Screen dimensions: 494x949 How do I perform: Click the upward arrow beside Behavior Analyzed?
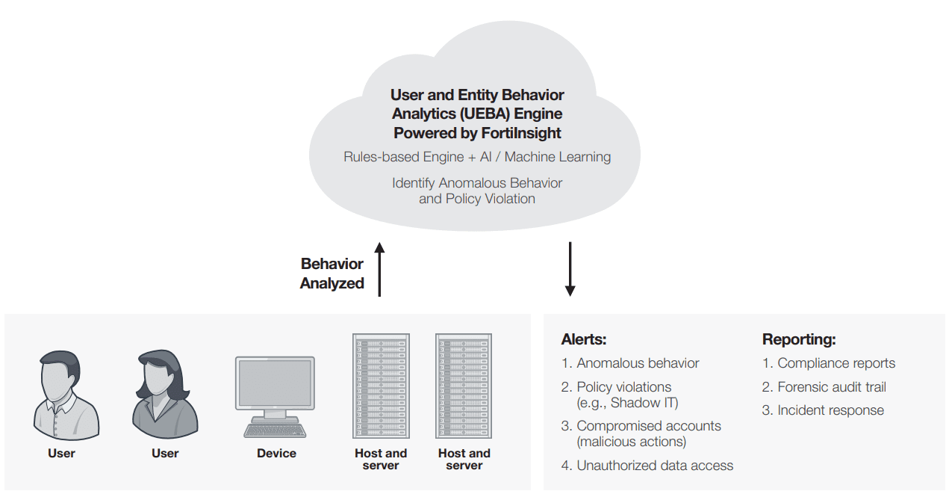pyautogui.click(x=379, y=269)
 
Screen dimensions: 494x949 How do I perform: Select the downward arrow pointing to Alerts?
pyautogui.click(x=570, y=269)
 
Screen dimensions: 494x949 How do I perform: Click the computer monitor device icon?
pyautogui.click(x=275, y=383)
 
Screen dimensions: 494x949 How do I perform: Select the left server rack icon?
pyautogui.click(x=381, y=386)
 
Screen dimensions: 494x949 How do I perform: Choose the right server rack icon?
pyautogui.click(x=464, y=386)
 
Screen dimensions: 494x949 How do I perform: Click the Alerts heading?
pyautogui.click(x=584, y=339)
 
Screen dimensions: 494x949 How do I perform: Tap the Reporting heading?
pyautogui.click(x=799, y=339)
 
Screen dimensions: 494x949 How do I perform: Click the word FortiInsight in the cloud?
pyautogui.click(x=520, y=133)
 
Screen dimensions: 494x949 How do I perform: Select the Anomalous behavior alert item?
pyautogui.click(x=638, y=363)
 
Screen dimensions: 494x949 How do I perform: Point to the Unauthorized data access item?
pyautogui.click(x=655, y=466)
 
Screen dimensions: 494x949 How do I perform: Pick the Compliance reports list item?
pyautogui.click(x=836, y=363)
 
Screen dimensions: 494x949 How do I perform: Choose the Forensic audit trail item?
pyautogui.click(x=832, y=387)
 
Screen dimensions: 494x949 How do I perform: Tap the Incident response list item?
pyautogui.click(x=830, y=410)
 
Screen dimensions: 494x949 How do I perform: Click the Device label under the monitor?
pyautogui.click(x=276, y=453)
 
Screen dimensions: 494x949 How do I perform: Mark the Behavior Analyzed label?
pyautogui.click(x=332, y=274)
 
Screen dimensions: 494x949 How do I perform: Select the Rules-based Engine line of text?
pyautogui.click(x=477, y=157)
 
